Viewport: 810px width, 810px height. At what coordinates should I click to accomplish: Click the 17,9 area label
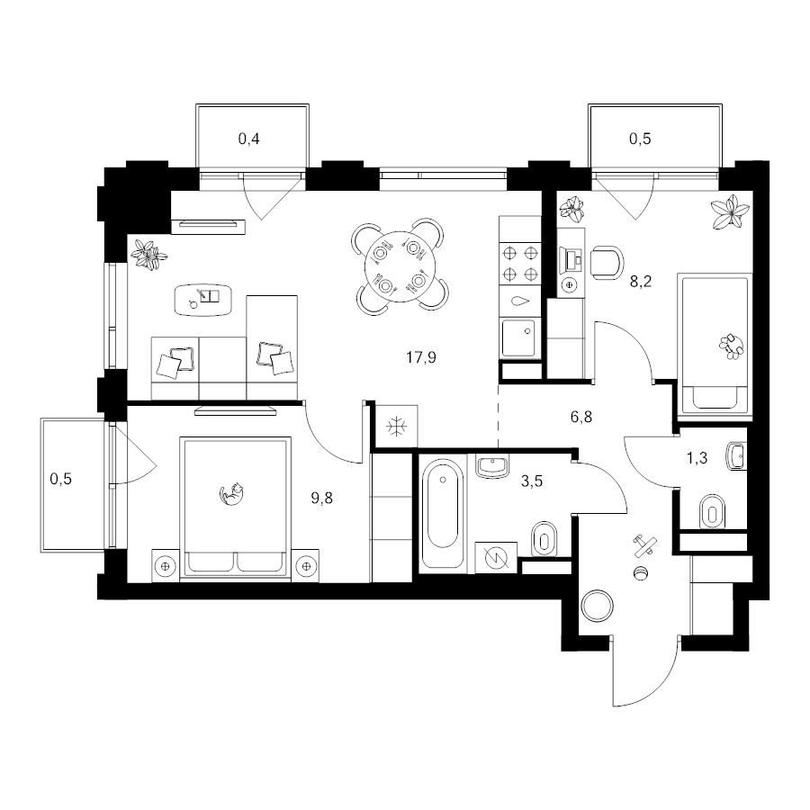(x=421, y=357)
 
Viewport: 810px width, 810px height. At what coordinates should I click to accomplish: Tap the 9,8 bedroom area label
(x=321, y=498)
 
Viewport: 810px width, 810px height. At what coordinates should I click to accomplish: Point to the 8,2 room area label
(x=641, y=282)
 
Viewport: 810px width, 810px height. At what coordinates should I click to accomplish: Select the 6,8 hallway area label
(x=581, y=417)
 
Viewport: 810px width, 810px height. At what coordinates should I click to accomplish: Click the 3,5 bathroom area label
(x=532, y=481)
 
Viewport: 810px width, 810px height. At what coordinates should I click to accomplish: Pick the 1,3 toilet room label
(x=697, y=458)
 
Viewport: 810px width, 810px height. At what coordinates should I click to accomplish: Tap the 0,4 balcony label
(x=249, y=139)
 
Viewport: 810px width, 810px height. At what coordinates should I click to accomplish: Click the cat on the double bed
(x=231, y=493)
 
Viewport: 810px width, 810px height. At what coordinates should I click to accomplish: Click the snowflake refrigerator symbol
(x=397, y=427)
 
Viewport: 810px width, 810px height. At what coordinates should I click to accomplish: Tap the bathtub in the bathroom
(x=443, y=512)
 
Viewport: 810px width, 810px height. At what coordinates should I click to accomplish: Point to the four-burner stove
(x=520, y=263)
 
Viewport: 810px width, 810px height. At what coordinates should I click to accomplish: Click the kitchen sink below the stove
(x=519, y=338)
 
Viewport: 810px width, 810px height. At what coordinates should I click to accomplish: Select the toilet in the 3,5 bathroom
(x=544, y=539)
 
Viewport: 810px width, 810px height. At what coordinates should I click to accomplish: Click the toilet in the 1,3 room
(x=712, y=512)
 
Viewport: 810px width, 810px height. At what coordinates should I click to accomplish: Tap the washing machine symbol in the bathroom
(x=496, y=557)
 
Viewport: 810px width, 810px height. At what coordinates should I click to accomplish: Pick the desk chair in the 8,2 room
(x=607, y=262)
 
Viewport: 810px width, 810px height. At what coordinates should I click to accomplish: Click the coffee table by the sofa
(x=203, y=300)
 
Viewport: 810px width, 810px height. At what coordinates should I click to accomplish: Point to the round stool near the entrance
(x=598, y=606)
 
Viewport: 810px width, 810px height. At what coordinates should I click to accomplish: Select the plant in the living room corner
(x=148, y=254)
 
